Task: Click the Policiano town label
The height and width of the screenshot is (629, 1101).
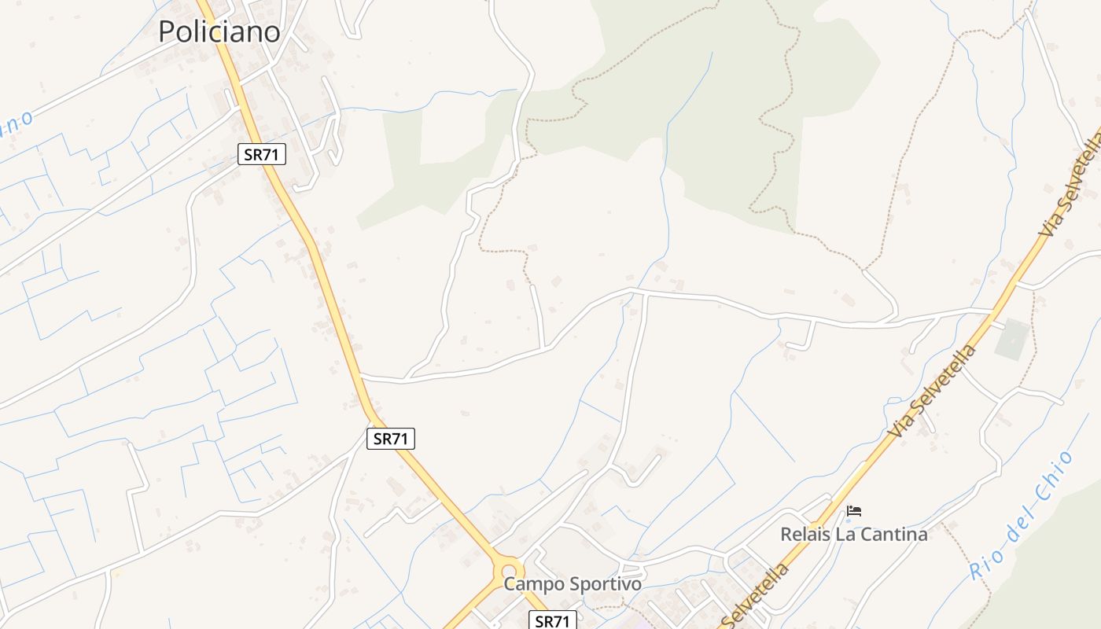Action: click(219, 31)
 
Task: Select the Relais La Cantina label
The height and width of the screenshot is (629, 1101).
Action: click(853, 535)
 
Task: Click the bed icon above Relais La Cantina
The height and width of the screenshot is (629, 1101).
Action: click(854, 512)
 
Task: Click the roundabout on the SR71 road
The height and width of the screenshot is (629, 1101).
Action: click(510, 570)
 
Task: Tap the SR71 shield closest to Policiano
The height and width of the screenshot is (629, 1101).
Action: click(262, 154)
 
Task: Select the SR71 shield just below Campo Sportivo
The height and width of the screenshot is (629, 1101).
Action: click(552, 620)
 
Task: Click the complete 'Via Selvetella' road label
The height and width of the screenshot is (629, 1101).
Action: click(933, 391)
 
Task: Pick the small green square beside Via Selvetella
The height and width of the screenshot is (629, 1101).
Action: click(1012, 339)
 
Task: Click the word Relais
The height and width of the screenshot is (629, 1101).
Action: click(805, 535)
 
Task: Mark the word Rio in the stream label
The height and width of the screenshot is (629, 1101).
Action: click(980, 566)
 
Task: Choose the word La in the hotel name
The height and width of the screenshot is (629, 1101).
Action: click(844, 535)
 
